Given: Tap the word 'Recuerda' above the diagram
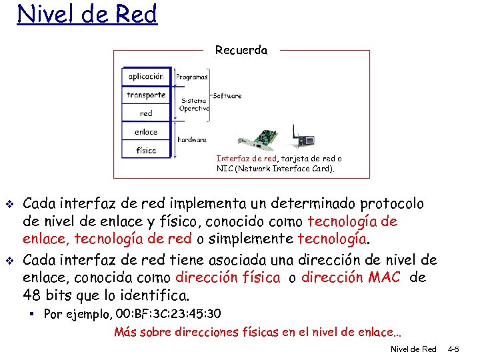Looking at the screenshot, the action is click(241, 50).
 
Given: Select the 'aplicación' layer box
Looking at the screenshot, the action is click(146, 77).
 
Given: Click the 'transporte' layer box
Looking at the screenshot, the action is click(146, 95).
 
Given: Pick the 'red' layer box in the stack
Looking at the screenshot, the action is click(146, 113).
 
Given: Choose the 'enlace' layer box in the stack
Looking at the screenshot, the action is click(146, 132).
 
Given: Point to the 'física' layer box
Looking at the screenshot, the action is click(146, 150).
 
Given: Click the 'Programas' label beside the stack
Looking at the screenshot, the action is click(191, 77).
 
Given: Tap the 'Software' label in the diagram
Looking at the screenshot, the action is click(227, 95).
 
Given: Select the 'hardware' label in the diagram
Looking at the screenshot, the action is click(192, 140).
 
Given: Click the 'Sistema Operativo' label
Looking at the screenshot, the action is click(194, 105).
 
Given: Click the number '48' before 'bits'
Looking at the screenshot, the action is click(31, 295).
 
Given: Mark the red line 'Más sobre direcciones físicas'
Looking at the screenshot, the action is click(260, 331).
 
